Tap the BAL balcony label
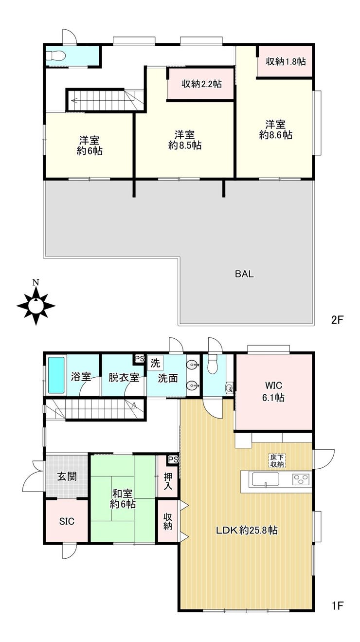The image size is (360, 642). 244,274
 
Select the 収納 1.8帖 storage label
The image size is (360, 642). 286,61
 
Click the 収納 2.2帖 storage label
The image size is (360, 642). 201,84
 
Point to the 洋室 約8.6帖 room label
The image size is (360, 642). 275,129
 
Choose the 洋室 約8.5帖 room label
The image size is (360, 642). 185,140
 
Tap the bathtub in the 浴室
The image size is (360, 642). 56,375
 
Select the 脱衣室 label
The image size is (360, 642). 124,378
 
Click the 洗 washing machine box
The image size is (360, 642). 155,363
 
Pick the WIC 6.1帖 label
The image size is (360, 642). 273,391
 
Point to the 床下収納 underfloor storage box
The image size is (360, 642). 277,461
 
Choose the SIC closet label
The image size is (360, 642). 67,521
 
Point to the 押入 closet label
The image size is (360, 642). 168,480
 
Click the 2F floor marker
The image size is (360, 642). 337,320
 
